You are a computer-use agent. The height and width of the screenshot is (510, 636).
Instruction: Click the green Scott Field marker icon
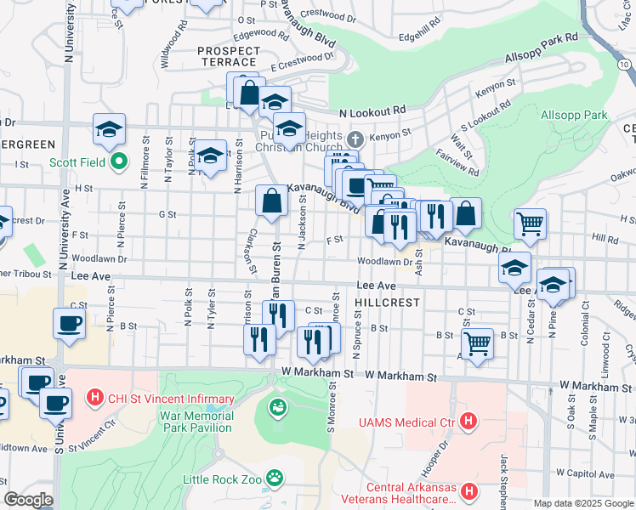click(x=120, y=160)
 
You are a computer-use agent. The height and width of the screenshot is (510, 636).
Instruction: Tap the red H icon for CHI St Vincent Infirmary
click(x=95, y=398)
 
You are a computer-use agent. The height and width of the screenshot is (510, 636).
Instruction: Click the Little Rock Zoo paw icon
click(x=275, y=478)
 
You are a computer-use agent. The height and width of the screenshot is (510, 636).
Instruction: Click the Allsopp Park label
click(x=573, y=115)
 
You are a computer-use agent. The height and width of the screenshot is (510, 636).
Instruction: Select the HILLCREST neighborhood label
click(x=388, y=303)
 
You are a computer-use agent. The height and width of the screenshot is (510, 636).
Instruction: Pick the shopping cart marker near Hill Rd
click(x=530, y=224)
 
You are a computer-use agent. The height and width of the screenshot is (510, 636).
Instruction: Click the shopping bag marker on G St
click(x=272, y=201)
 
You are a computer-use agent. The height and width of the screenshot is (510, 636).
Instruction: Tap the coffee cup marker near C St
click(x=70, y=324)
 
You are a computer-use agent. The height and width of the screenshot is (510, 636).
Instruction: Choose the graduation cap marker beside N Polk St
click(x=211, y=156)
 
